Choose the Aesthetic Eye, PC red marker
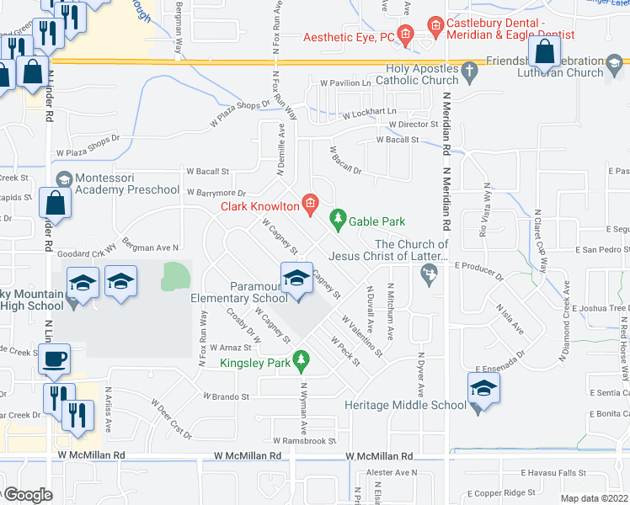[405, 36]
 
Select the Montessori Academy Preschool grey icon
[63, 180]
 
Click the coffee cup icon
[56, 358]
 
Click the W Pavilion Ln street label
[345, 84]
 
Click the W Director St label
[408, 125]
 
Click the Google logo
[27, 495]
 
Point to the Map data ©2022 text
[594, 498]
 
